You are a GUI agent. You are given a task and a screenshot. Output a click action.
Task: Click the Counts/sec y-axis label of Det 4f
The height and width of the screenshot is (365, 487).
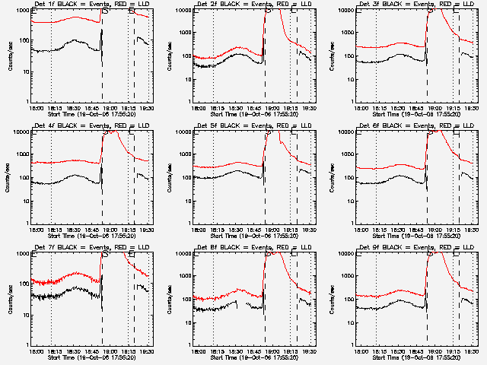[9, 177]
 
